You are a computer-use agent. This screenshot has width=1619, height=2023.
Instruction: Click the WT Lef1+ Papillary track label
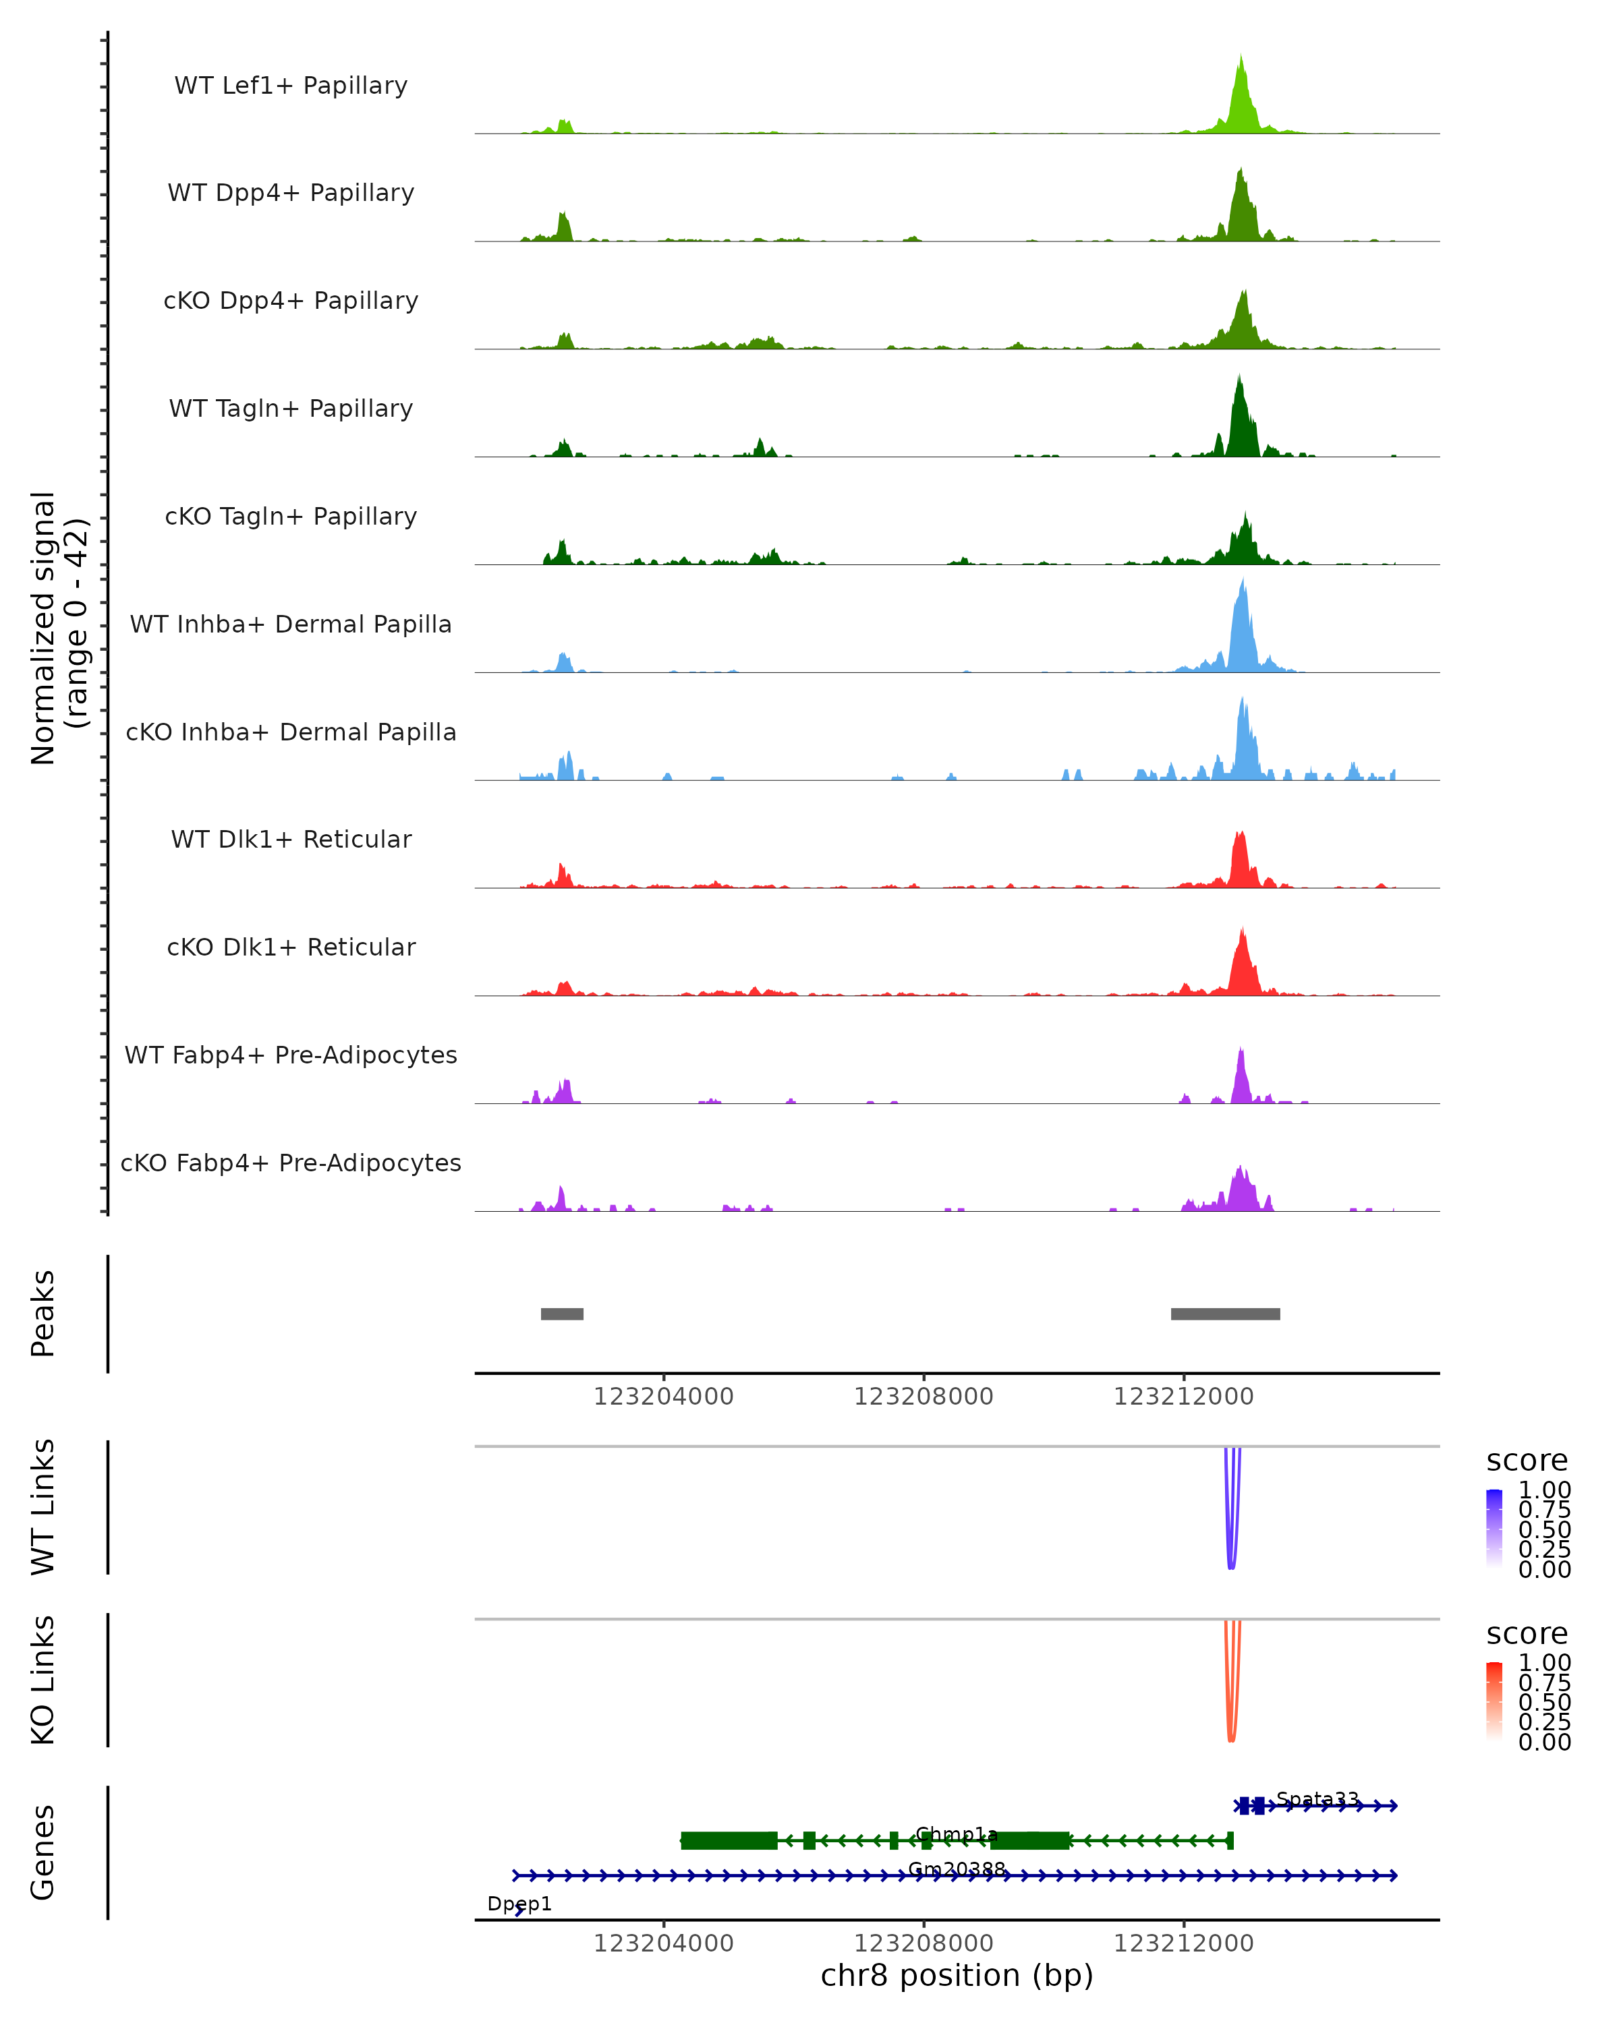291,86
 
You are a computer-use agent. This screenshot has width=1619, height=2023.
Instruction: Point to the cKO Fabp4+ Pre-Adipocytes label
291,1163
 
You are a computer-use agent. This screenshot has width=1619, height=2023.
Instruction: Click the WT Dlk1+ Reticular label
291,840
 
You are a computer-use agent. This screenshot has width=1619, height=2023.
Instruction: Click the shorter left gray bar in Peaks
562,1314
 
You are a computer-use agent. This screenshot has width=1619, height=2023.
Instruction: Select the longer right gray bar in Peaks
1225,1314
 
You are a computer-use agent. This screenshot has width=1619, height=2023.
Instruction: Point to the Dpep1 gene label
519,1904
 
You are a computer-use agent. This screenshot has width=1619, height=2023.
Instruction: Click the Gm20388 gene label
957,1869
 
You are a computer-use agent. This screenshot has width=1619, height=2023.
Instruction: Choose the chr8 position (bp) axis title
957,1975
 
